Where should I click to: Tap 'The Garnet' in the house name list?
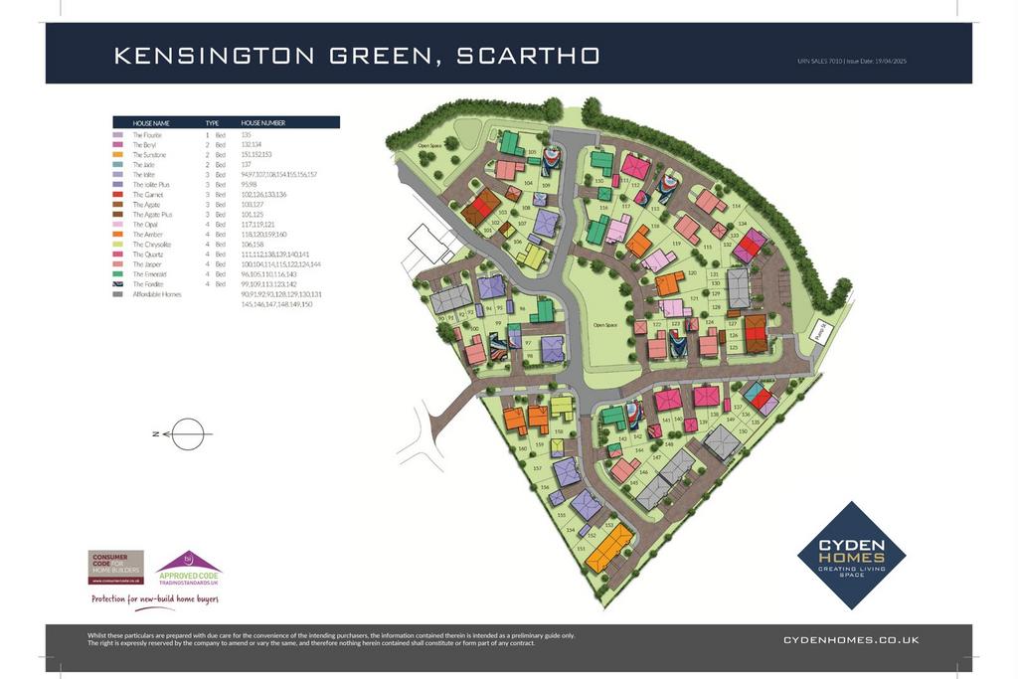point(147,195)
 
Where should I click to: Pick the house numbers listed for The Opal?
point(257,224)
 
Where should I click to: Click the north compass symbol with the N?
point(182,434)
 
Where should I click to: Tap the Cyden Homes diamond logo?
point(852,554)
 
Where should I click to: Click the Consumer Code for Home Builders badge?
point(115,567)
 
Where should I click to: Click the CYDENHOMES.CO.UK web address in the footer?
point(851,640)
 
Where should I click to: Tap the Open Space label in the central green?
point(605,324)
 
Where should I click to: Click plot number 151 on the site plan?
point(581,547)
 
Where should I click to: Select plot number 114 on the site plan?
point(736,207)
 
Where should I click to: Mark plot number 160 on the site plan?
point(523,448)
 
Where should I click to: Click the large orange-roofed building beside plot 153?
point(609,548)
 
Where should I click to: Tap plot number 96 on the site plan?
point(522,309)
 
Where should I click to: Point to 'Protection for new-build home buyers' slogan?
point(154,599)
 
